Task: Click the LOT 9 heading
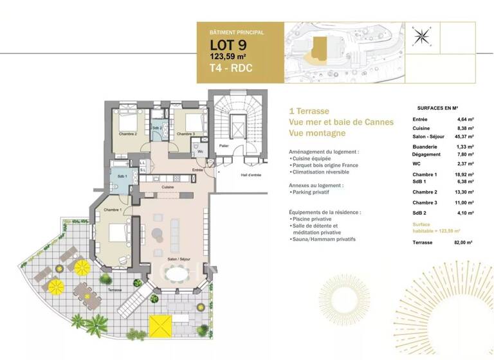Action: click(228, 45)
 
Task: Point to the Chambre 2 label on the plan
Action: click(128, 134)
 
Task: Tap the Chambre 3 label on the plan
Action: click(185, 134)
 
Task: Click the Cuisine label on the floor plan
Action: click(167, 187)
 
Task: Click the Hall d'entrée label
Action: click(251, 175)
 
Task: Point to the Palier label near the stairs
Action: click(223, 146)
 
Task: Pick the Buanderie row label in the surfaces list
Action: click(425, 147)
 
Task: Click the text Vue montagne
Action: click(317, 133)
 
